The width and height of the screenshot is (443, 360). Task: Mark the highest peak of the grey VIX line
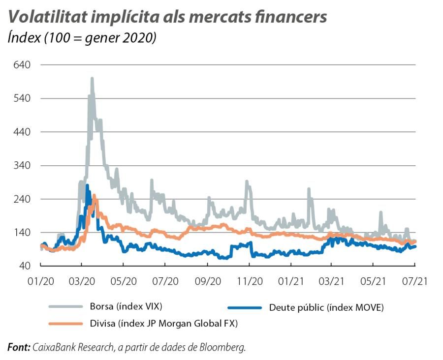tap(92, 79)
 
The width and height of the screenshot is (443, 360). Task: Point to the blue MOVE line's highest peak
tap(87, 186)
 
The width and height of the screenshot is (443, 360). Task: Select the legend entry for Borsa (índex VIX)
tap(126, 306)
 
